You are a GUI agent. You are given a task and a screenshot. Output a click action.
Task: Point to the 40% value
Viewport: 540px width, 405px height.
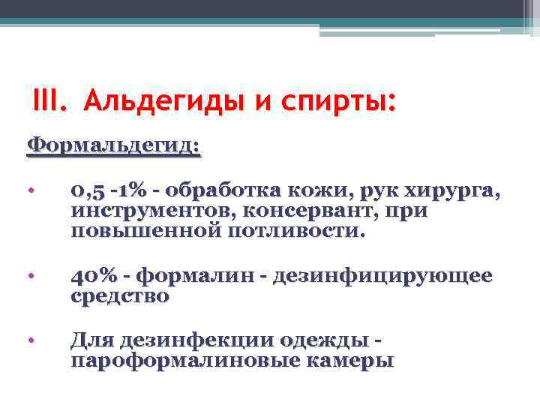click(x=93, y=277)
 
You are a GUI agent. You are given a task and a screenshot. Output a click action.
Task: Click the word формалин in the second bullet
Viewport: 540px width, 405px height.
click(x=202, y=277)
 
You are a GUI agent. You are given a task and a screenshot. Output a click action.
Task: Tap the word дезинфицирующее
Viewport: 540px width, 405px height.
click(x=383, y=277)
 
